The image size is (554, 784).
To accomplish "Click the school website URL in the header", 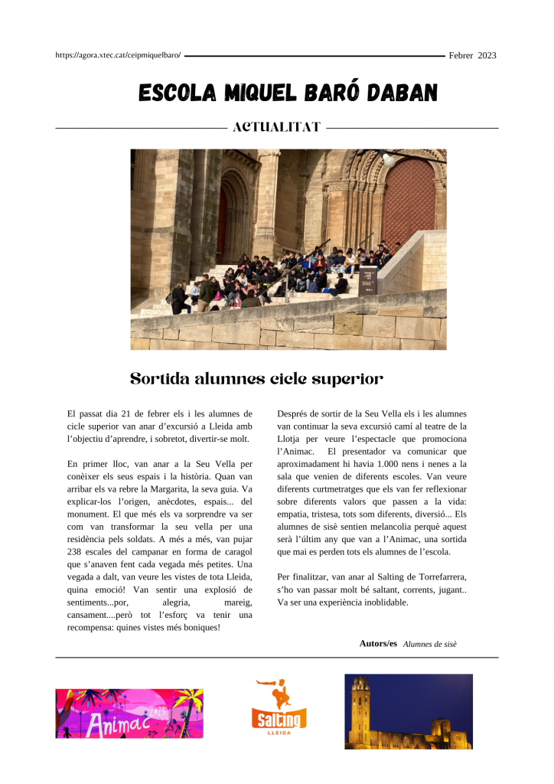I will (x=119, y=55).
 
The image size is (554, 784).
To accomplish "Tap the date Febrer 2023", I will (x=472, y=55).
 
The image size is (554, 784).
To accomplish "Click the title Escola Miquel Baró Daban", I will (x=288, y=93).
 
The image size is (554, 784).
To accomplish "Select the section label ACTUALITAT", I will (x=276, y=127).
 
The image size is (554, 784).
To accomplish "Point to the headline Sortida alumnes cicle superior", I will (x=256, y=379).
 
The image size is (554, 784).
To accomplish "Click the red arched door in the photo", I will (x=409, y=205).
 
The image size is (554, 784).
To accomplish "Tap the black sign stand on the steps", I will (x=368, y=281).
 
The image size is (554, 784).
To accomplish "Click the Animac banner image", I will (x=129, y=713).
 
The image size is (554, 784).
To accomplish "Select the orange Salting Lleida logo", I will (x=279, y=707).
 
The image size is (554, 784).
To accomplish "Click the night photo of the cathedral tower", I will (x=408, y=711).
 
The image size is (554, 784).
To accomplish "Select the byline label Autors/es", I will (x=378, y=643).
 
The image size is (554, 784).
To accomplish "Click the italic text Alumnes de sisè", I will (x=429, y=644).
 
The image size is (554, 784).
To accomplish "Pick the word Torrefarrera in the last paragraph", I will (x=435, y=577).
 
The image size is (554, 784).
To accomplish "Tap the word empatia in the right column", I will (x=293, y=514).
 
